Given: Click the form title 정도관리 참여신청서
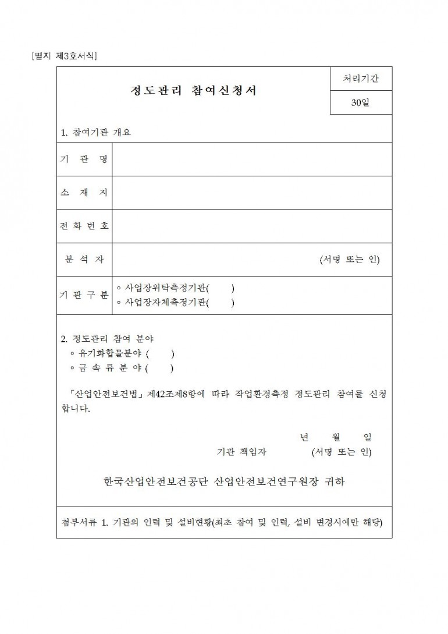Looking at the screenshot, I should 193,91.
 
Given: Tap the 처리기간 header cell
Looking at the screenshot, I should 361,79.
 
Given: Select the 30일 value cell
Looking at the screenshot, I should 361,104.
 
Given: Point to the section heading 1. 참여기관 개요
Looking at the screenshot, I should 96,132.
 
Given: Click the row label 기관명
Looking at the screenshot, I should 84,159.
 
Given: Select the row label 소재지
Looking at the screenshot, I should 84,192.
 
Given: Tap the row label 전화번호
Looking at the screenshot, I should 84,225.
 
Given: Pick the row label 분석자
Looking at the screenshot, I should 84,259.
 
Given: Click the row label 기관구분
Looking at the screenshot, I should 84,295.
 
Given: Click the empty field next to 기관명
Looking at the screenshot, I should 252,159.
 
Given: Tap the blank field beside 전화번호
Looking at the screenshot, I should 252,225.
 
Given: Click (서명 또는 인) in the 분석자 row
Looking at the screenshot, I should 350,259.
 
